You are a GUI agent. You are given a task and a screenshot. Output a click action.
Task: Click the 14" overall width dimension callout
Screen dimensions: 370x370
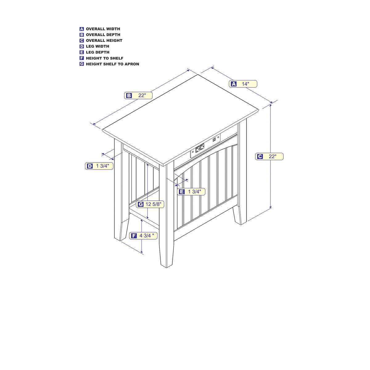tap(243, 84)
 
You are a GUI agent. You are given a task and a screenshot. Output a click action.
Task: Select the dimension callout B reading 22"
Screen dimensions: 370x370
tap(138, 95)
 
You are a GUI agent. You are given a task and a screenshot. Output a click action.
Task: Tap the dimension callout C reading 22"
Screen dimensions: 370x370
tap(269, 157)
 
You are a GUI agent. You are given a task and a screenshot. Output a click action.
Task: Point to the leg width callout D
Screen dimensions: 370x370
tap(99, 166)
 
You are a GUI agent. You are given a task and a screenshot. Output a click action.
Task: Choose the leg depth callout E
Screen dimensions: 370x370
tap(191, 191)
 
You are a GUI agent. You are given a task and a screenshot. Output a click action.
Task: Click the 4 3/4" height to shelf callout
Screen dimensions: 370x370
tap(143, 236)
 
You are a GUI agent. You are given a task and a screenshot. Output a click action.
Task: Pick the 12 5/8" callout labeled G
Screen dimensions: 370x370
tap(150, 204)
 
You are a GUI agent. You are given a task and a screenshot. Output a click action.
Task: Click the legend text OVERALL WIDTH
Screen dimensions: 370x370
tap(103, 29)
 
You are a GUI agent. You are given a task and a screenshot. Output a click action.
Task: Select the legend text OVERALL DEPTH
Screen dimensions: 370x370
tap(103, 35)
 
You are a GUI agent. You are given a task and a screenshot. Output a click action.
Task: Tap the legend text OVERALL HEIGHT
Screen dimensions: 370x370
tap(104, 40)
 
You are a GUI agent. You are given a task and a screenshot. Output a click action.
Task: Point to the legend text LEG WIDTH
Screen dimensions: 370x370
tap(97, 46)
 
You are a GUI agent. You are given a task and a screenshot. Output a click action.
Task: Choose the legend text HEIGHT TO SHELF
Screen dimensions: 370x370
tap(105, 58)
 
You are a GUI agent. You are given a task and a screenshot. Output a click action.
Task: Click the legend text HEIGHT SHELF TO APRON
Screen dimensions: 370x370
tap(113, 64)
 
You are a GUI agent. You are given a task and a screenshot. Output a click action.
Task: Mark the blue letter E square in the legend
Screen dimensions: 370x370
tap(82, 52)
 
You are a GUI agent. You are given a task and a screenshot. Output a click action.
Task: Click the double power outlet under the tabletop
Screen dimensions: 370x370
tap(199, 148)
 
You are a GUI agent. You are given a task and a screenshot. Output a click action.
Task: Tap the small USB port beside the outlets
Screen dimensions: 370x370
tap(214, 140)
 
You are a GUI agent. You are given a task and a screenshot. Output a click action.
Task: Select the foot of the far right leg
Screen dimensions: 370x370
tap(240, 215)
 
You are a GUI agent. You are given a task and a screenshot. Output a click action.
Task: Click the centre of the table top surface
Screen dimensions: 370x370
tap(180, 119)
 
